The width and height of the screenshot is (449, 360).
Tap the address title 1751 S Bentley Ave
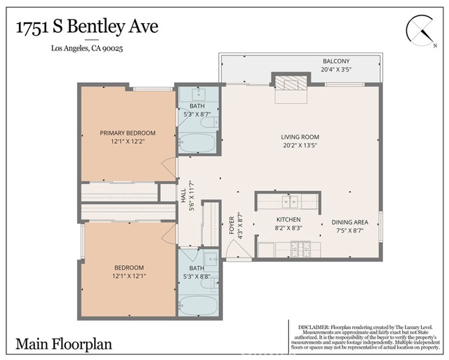click(x=86, y=27)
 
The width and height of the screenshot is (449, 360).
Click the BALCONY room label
click(x=337, y=61)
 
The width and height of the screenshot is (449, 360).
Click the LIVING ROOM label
click(x=300, y=137)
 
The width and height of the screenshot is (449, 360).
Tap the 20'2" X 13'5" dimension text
click(x=300, y=146)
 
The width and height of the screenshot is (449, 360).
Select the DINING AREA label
click(x=350, y=222)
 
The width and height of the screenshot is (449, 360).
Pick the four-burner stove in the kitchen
click(x=302, y=249)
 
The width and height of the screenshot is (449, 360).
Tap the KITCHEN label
click(x=288, y=219)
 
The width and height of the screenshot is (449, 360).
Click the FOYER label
click(x=232, y=224)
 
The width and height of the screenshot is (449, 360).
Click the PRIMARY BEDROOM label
click(x=127, y=133)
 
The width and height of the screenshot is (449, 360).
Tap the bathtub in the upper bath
click(x=198, y=143)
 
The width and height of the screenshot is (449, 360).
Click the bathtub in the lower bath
click(x=198, y=305)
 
